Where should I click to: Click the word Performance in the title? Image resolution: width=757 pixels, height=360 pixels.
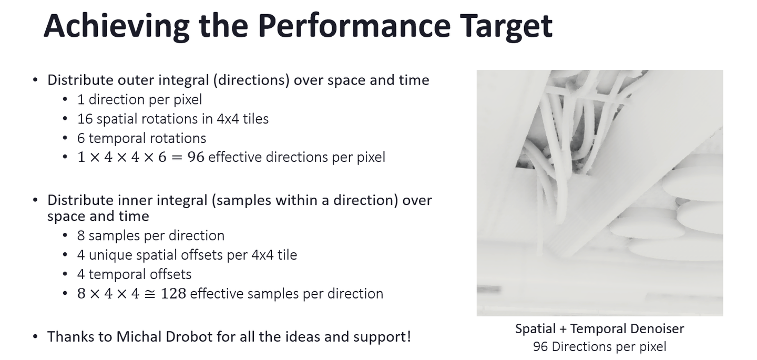[354, 26]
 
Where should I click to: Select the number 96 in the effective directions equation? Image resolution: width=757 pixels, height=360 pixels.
[196, 157]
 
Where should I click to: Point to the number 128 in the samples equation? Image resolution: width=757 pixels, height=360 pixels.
[173, 293]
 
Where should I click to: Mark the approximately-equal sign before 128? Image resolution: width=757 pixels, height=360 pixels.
[150, 294]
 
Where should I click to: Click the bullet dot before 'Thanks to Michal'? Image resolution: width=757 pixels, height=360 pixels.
[36, 337]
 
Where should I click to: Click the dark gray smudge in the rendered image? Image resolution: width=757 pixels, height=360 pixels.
[489, 289]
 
